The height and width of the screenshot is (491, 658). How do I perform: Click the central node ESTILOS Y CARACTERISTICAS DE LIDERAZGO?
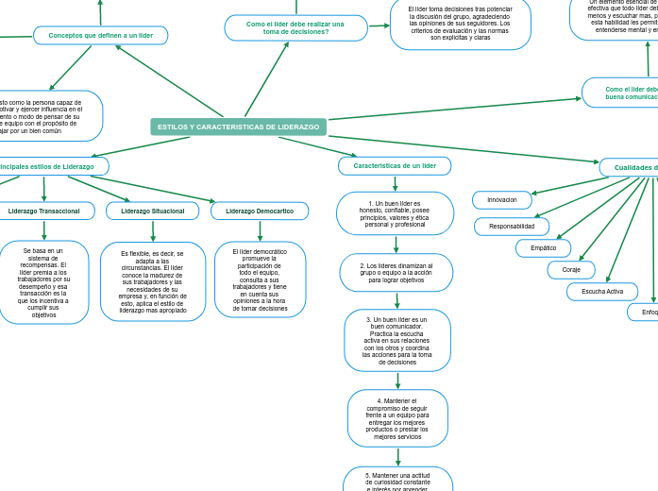coord(238,127)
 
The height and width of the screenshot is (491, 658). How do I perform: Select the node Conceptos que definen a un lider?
coord(101,36)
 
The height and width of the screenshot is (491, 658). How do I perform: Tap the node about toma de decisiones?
coord(295,28)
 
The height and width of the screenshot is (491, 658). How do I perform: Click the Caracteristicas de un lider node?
coord(395,166)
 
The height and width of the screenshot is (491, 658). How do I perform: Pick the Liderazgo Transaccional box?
coord(44,211)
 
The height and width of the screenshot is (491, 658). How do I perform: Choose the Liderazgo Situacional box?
coord(153,211)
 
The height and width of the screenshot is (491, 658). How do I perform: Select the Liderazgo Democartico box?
coord(260,211)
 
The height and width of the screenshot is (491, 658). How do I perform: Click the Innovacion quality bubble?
coord(502,200)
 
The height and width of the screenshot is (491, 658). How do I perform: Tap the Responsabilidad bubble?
coord(512,227)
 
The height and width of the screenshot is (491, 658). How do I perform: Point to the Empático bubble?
coord(544,248)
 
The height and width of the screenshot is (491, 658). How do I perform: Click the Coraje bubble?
coord(571,270)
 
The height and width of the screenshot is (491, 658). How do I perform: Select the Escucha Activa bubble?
coord(602,292)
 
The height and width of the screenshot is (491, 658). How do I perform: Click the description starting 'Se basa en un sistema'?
coord(44,282)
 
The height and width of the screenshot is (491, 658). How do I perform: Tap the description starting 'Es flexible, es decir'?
coord(153,281)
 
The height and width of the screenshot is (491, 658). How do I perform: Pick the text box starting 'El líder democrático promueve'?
coord(260,279)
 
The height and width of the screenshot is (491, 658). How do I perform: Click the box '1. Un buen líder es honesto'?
coord(395,214)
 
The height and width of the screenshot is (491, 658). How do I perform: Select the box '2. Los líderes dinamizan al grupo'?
coord(396,273)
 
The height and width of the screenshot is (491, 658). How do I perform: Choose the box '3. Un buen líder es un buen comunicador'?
coord(397,341)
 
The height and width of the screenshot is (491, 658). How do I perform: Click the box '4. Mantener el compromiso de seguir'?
coord(397,418)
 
